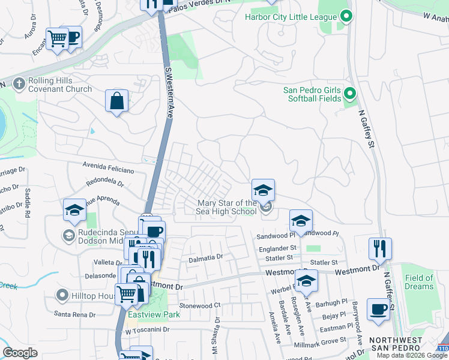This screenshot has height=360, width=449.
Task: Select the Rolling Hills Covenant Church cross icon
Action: (19, 84)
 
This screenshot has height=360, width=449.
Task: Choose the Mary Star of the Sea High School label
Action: (227, 207)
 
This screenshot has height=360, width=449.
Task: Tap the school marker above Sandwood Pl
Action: (301, 220)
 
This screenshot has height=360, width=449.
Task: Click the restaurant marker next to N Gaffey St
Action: (380, 248)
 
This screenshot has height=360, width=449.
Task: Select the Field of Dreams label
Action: (419, 282)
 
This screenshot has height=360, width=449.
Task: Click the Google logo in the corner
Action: (20, 353)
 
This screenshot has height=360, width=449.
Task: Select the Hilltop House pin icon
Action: (61, 295)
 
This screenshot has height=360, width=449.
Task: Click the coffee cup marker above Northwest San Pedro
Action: (378, 309)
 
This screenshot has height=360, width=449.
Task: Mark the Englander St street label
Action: (277, 247)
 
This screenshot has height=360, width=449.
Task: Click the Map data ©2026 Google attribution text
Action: (412, 355)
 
